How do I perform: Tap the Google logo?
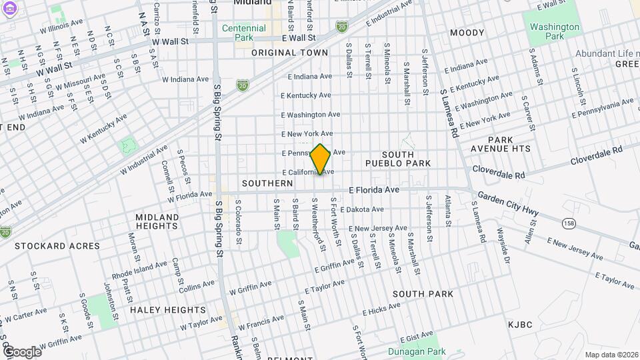[22, 351]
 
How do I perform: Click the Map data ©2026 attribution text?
[611, 354]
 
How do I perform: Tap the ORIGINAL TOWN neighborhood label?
[290, 53]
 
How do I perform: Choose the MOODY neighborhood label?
[467, 33]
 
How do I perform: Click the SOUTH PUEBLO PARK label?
[398, 159]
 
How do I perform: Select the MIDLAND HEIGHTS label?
[157, 222]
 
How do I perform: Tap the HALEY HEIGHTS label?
[168, 310]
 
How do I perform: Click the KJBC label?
[520, 325]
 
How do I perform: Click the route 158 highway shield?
[569, 222]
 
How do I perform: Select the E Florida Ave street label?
[374, 190]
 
